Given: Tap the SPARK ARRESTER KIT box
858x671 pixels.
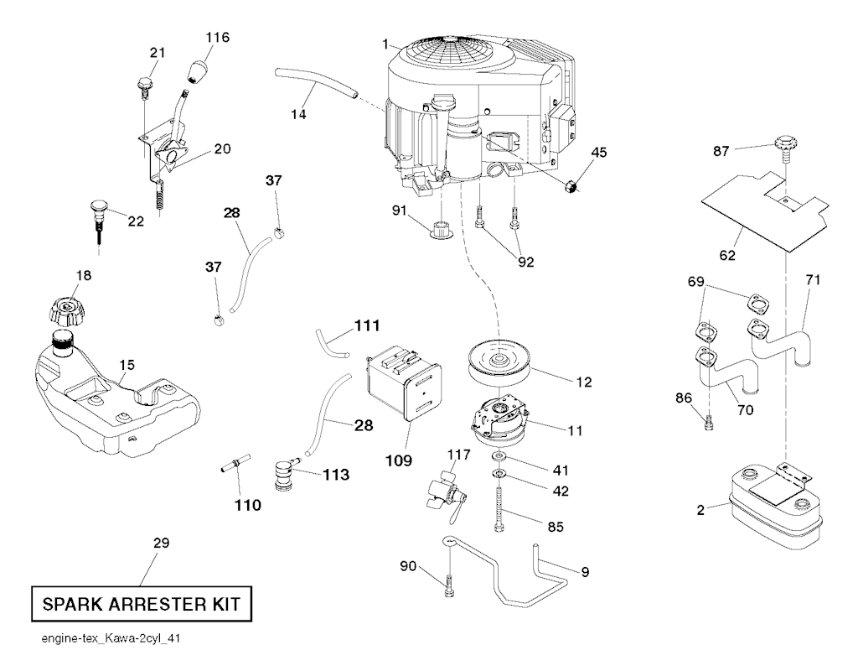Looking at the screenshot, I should pyautogui.click(x=140, y=603).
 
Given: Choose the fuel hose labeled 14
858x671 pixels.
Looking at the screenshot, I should pyautogui.click(x=315, y=85).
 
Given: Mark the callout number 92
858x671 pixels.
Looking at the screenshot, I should pyautogui.click(x=525, y=262).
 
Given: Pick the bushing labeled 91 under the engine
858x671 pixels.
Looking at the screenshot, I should pyautogui.click(x=440, y=228).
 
